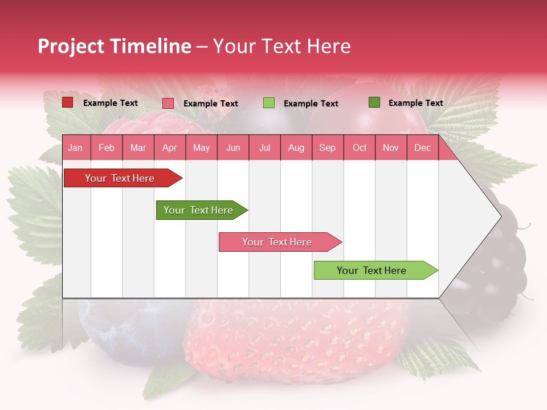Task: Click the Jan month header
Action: [x=75, y=147]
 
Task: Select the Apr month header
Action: [x=169, y=147]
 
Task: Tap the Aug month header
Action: [x=296, y=147]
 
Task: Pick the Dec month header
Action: [x=422, y=147]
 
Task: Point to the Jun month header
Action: [x=232, y=147]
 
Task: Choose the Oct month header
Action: [x=359, y=147]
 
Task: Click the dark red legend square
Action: [x=68, y=102]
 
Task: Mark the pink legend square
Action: [x=168, y=103]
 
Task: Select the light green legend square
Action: [x=268, y=103]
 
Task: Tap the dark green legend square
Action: [x=374, y=102]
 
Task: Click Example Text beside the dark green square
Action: [x=415, y=103]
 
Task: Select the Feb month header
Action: [x=107, y=147]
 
